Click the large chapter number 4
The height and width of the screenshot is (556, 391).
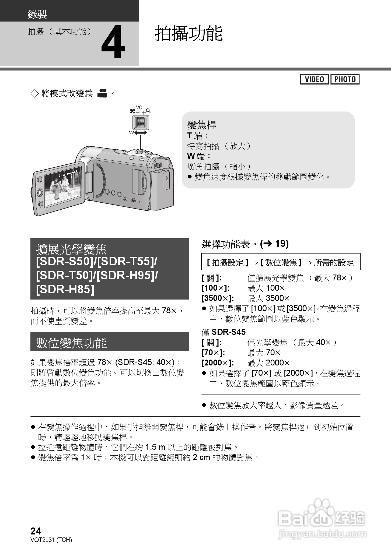[x=113, y=43]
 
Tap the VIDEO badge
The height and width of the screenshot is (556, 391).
[x=314, y=79]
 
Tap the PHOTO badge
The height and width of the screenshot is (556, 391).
[x=345, y=79]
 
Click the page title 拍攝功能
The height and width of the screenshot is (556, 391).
[x=189, y=33]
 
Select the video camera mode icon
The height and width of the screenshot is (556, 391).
[x=102, y=93]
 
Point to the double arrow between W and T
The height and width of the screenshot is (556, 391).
[x=140, y=133]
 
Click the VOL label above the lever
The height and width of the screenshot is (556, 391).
[x=140, y=108]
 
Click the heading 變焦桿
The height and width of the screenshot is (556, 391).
[x=202, y=125]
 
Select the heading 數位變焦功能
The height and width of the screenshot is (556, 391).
[x=71, y=343]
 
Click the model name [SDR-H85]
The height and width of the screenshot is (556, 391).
[x=65, y=289]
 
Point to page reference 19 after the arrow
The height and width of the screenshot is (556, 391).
[x=282, y=244]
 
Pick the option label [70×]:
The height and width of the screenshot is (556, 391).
[x=213, y=353]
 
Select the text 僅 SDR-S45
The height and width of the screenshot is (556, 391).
[x=224, y=332]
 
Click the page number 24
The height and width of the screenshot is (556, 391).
[x=36, y=531]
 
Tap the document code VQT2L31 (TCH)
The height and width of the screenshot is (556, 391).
[x=51, y=540]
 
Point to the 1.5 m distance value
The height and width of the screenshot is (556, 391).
[x=155, y=447]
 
